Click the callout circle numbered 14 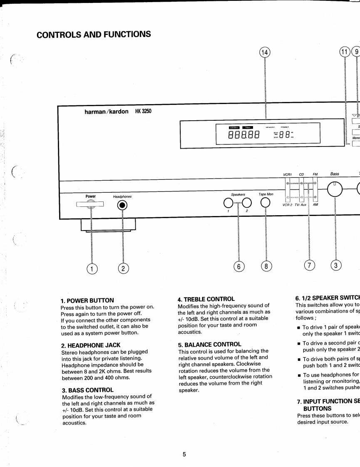pos(265,52)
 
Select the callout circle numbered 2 pos(122,268)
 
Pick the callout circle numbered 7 pos(309,265)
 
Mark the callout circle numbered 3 pos(335,265)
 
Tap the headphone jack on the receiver pos(122,205)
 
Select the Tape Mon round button pos(265,203)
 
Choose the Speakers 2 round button pos(247,203)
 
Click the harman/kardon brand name pos(106,112)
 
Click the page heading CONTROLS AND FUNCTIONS pos(94,34)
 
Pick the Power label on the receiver pos(90,196)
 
